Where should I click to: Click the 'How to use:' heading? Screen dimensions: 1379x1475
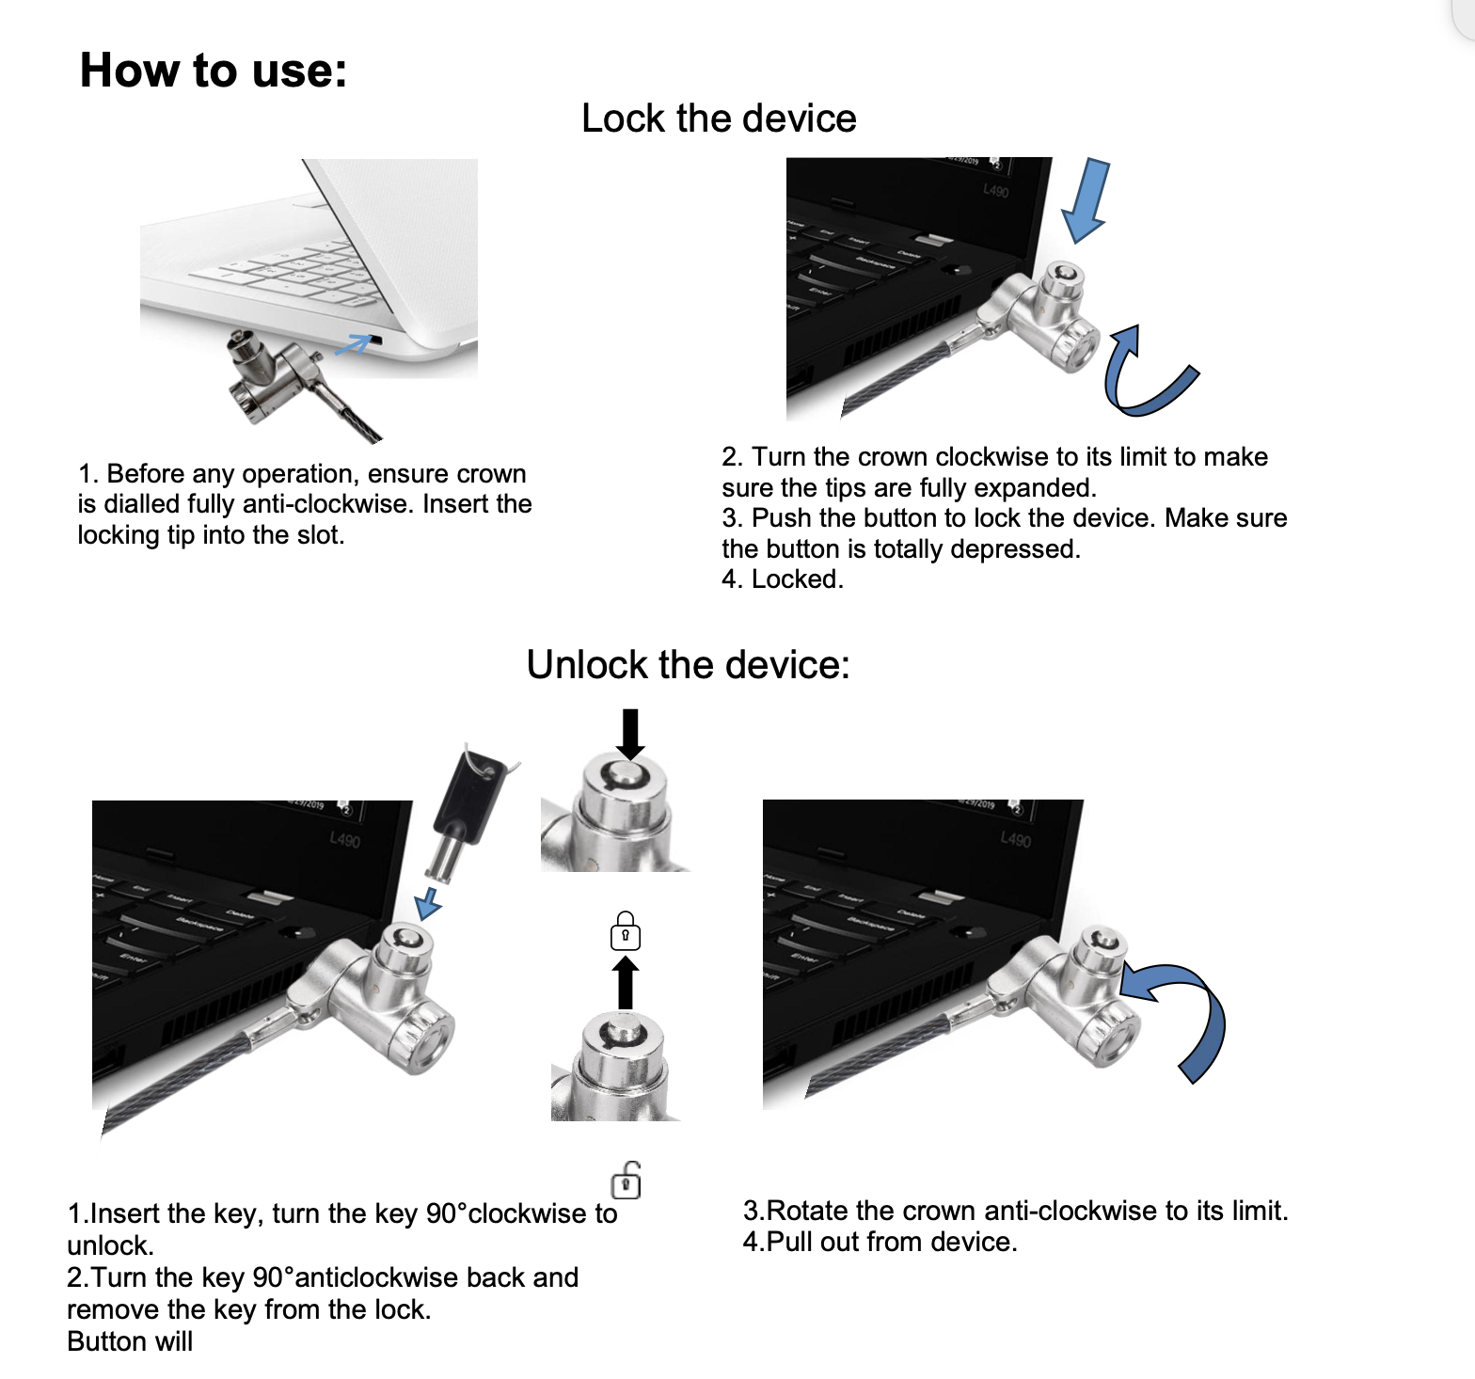tap(214, 71)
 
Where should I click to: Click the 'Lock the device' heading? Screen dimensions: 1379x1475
tap(719, 119)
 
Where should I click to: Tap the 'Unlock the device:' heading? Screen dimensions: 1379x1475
tap(688, 665)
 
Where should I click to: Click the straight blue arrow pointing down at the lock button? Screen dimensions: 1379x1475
tap(1086, 199)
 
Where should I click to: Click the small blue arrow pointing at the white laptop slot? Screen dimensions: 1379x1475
tap(353, 345)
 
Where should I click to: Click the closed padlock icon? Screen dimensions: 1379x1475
tap(626, 932)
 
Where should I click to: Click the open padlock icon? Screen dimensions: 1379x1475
tap(626, 1181)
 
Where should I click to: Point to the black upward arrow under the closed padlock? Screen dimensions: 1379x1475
tap(626, 983)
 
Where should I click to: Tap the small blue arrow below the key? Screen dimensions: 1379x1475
tap(429, 902)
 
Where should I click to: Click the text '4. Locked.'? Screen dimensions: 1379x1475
tap(783, 579)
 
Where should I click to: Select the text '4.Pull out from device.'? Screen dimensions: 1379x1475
tap(880, 1242)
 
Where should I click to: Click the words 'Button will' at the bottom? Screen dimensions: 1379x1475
tap(130, 1341)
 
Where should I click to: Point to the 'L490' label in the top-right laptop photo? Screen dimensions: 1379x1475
tap(995, 191)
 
